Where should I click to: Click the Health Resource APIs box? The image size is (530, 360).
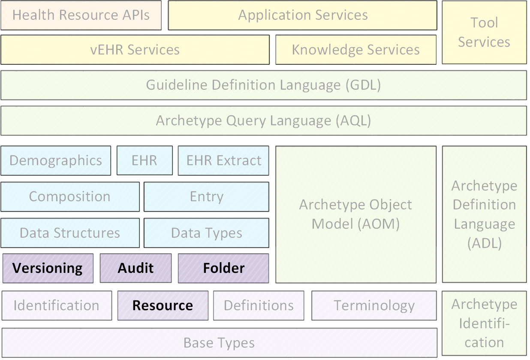[x=81, y=15]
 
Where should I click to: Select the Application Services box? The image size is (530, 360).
[x=303, y=15]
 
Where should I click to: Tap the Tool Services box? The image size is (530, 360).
[x=485, y=32]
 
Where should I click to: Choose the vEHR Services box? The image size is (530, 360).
[x=135, y=50]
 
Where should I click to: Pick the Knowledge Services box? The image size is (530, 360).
[x=356, y=50]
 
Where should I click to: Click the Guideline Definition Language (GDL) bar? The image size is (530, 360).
[x=264, y=85]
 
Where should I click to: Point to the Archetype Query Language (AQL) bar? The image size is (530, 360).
[x=264, y=121]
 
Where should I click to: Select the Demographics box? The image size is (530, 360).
[x=56, y=161]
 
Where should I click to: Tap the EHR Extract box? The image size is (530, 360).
[x=223, y=161]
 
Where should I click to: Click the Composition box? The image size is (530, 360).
[x=70, y=197]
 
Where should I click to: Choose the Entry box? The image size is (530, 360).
[x=207, y=197]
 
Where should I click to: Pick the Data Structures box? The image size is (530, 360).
[x=70, y=233]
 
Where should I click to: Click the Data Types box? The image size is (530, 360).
[x=207, y=233]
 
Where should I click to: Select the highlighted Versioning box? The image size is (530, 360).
[x=48, y=269]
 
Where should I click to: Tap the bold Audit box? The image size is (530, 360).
[x=136, y=269]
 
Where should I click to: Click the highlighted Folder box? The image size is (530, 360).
[x=223, y=269]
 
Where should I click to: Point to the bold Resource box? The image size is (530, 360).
[x=163, y=306]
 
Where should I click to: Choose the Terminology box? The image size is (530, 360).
[x=374, y=306]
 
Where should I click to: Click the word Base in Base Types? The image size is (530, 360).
[x=198, y=343]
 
